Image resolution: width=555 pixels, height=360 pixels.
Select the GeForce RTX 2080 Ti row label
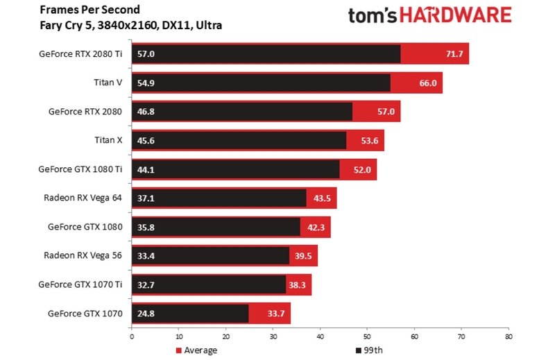pos(80,53)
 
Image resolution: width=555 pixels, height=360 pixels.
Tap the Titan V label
pos(108,83)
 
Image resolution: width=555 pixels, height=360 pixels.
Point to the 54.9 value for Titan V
pos(146,83)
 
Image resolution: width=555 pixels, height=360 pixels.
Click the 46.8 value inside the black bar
pos(146,111)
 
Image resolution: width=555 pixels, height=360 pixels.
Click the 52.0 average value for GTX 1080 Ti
pos(362,169)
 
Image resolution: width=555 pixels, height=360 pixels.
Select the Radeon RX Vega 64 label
pos(83,198)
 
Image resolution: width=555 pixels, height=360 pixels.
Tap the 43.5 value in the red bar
pos(323,198)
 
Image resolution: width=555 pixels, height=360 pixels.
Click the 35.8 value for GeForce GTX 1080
pos(146,227)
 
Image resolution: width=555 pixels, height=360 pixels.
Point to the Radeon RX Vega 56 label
pos(83,255)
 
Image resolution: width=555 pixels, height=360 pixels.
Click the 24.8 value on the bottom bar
pos(146,314)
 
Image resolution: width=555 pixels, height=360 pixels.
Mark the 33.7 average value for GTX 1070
pos(277,314)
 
